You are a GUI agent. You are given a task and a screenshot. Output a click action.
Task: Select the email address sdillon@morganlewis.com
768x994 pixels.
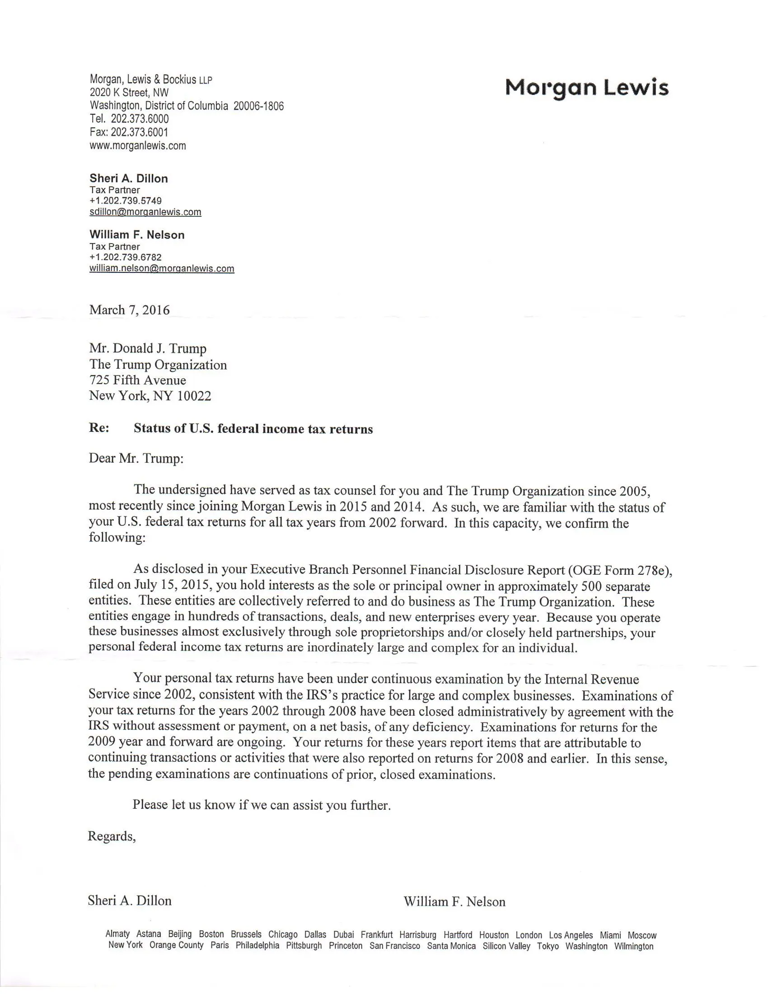145,212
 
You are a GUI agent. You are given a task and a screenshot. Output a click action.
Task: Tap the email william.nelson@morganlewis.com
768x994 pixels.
162,268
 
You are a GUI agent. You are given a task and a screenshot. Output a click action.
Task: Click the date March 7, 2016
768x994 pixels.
129,310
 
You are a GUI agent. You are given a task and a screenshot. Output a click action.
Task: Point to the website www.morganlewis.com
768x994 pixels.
138,145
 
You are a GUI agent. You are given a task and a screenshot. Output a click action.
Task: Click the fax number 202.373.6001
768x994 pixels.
139,132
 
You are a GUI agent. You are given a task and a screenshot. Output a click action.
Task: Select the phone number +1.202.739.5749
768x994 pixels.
126,201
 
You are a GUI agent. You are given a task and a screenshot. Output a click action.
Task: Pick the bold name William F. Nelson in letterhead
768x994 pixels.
137,235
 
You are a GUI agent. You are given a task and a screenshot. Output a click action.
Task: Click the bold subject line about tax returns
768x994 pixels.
253,429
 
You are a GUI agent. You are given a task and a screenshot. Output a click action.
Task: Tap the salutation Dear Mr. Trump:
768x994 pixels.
136,458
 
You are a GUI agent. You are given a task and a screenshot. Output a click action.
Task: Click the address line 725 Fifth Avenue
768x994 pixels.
137,380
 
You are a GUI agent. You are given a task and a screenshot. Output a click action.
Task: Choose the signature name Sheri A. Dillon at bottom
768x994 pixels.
130,900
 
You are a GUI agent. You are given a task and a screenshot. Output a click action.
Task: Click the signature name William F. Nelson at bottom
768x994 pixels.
454,902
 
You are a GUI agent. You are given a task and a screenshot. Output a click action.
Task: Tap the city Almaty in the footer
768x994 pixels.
117,934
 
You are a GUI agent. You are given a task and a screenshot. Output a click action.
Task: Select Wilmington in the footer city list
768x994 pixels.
633,946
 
